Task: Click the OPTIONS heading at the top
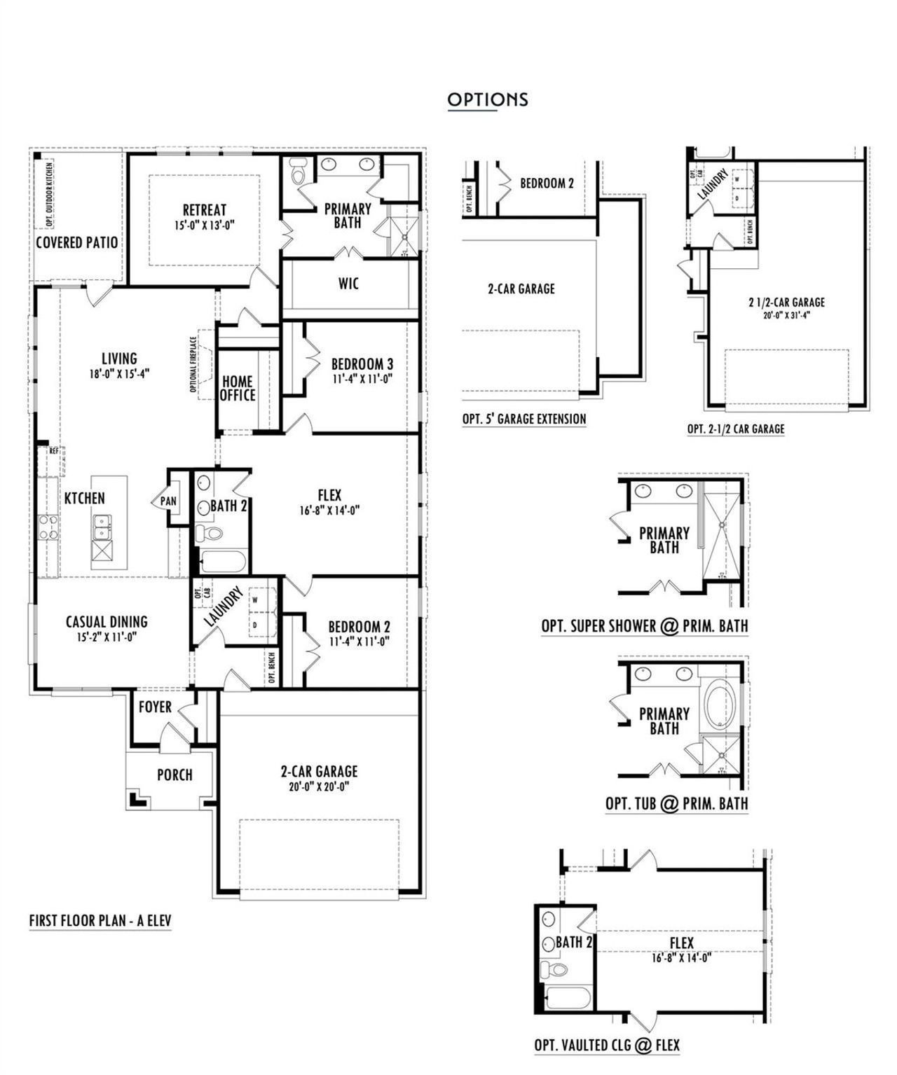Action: [x=488, y=99]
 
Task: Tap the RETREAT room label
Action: [x=205, y=210]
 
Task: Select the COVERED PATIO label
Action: [x=77, y=243]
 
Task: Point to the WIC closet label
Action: [x=348, y=284]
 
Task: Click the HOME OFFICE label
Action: [x=238, y=389]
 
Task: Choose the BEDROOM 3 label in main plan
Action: [x=362, y=364]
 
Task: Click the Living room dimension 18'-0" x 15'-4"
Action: [x=119, y=373]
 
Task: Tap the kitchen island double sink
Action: [x=101, y=527]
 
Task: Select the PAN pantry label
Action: [x=168, y=501]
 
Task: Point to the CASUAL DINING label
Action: [x=107, y=622]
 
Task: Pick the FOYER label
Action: [x=155, y=707]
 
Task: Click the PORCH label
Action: [x=174, y=775]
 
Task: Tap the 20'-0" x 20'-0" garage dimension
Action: [x=319, y=786]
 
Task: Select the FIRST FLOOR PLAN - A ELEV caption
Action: [x=100, y=920]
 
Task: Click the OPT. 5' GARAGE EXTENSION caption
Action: [x=524, y=419]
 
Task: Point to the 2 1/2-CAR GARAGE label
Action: [x=786, y=303]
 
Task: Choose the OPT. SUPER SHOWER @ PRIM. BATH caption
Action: [x=644, y=626]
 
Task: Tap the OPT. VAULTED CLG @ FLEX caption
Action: [x=607, y=1045]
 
